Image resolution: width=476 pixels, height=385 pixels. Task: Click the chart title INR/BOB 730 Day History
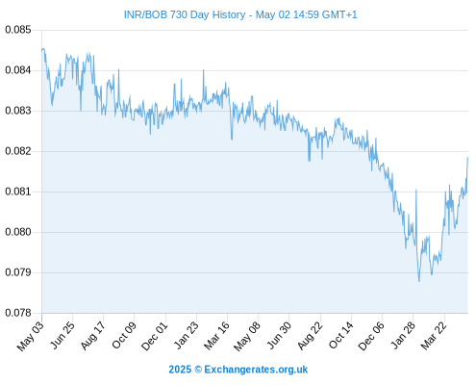(x=185, y=14)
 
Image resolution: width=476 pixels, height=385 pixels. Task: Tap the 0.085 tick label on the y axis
(x=18, y=30)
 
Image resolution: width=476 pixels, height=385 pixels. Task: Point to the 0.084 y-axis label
(x=18, y=70)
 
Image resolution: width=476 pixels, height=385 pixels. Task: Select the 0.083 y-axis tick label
(x=18, y=111)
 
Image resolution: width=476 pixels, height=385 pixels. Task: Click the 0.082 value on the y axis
(x=18, y=151)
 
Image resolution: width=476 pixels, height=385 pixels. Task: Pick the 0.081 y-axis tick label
(x=18, y=192)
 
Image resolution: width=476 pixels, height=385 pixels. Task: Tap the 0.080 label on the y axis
(x=18, y=232)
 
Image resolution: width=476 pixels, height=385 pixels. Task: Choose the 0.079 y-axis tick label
(x=18, y=272)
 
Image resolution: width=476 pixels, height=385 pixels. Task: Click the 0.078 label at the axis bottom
(x=18, y=313)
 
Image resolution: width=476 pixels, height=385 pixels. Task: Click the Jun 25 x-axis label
(x=63, y=335)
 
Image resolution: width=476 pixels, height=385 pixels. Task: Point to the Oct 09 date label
(x=124, y=335)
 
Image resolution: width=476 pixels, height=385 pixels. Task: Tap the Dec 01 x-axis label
(x=155, y=336)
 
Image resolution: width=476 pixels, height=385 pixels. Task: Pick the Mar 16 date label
(x=216, y=336)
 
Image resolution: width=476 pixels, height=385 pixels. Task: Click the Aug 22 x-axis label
(x=310, y=336)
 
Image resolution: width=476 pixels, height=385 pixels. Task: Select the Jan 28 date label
(x=403, y=335)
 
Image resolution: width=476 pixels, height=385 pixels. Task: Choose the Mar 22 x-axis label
(x=434, y=336)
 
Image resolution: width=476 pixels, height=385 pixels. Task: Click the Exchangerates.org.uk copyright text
(x=238, y=370)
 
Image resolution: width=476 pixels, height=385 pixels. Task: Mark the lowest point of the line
(x=419, y=281)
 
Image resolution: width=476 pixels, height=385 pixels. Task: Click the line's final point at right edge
(x=467, y=158)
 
